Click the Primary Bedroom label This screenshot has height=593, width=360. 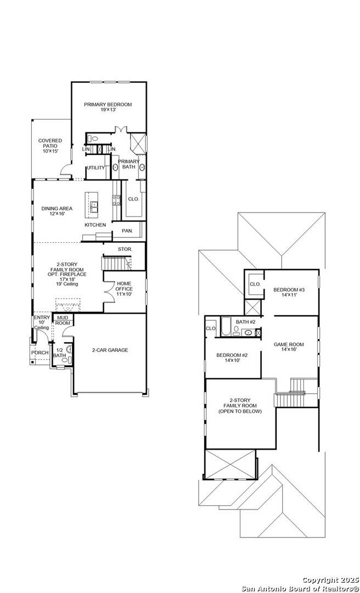point(108,104)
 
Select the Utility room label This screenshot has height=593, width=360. point(95,167)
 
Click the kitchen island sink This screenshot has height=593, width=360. point(94,206)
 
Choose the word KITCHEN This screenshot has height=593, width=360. point(95,225)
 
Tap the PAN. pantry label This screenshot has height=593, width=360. point(120,231)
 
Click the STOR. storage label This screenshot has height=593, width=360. point(125,249)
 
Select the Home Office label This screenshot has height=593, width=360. point(123,286)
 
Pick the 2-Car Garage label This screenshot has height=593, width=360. point(110,350)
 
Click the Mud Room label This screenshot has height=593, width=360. point(63,320)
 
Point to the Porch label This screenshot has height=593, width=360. point(40,353)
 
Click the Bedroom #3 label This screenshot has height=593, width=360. point(289,289)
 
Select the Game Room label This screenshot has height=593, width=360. point(289,344)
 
